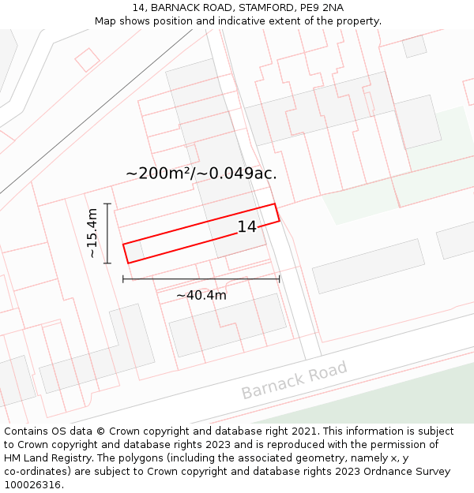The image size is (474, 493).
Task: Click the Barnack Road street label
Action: pos(294,381)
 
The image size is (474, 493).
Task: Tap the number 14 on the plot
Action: pos(247,227)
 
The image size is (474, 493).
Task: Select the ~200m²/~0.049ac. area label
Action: pos(201,174)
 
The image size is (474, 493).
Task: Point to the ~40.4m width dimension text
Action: pos(201,296)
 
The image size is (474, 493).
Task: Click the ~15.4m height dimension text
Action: pos(92,233)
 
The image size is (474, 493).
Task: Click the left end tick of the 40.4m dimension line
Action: pos(123,278)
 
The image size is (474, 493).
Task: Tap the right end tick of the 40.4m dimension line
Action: pos(279,278)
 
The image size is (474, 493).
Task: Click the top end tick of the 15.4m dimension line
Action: pos(107,204)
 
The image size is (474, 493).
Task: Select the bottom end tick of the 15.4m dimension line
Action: pos(107,263)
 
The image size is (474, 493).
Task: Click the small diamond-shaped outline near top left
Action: pos(87,60)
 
